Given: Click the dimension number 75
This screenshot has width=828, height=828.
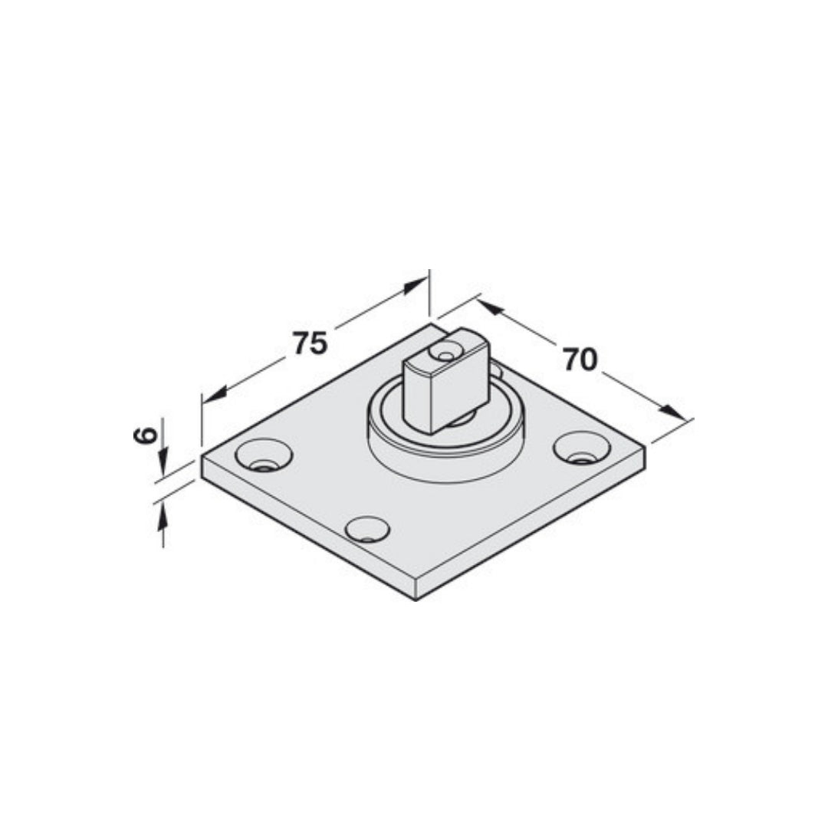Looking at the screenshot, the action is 310,343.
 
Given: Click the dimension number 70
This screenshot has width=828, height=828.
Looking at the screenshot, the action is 580,360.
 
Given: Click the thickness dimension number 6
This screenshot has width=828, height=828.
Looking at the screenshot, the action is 146,435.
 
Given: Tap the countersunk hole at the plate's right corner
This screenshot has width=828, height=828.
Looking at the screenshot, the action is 581,448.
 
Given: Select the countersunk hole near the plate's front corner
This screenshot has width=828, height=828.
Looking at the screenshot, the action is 366,530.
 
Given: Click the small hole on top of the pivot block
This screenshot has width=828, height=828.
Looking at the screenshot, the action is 445,350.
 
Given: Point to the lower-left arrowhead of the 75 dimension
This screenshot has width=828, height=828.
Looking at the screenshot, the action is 215,394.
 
